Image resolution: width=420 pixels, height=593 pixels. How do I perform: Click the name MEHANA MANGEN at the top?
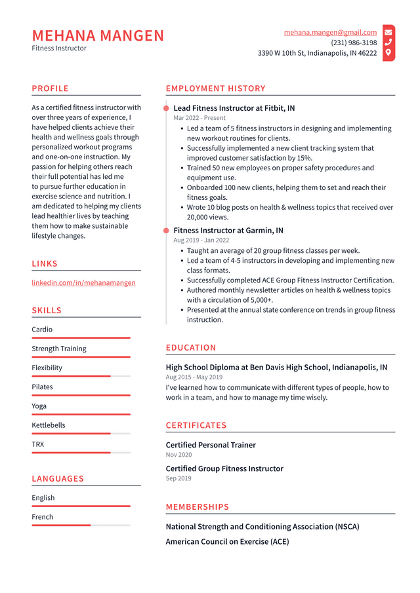98,35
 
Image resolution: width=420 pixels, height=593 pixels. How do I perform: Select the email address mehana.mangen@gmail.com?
330,32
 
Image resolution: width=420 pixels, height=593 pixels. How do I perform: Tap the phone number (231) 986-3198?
354,43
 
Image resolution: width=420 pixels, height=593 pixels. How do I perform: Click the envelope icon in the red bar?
388,31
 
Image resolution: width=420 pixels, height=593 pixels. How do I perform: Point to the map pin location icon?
388,52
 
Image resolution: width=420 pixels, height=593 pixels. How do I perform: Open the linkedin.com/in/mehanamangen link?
83,282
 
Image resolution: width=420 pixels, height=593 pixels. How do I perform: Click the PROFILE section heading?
50,88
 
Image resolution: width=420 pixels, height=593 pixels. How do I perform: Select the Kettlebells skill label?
49,425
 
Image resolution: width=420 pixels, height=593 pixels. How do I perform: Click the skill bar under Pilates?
81,395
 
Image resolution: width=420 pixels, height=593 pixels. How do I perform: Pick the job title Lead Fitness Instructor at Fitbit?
234,108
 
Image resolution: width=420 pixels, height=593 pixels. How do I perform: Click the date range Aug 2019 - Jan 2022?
201,240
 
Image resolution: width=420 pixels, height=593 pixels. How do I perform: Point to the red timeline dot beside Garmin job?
166,231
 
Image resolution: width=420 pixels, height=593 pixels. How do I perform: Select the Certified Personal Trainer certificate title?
211,445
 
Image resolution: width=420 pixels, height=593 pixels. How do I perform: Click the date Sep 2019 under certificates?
178,478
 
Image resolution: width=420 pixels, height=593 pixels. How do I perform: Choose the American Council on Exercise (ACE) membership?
227,542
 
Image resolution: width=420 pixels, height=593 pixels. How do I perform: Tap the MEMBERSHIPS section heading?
198,507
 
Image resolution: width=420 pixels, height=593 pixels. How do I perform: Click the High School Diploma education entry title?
276,368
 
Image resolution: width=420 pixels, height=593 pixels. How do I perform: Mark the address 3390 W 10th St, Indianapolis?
317,53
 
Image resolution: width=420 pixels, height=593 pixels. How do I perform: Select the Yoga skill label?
40,406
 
